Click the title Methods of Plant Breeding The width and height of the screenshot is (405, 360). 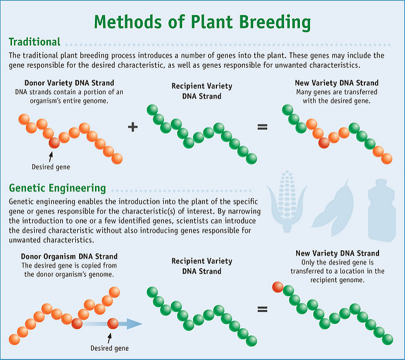pos(202,23)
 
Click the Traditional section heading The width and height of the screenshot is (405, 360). pos(35,42)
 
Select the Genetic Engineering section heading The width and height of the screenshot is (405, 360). pos(57,188)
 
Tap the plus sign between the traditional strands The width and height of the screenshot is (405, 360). pos(133,127)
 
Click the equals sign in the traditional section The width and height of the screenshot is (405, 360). pos(262,127)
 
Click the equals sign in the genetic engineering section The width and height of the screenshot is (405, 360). pos(262,310)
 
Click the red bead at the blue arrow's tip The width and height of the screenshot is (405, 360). pos(113,324)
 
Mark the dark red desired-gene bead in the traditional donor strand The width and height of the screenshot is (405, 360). pos(54,142)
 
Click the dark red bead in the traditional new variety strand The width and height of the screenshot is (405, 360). pos(325,142)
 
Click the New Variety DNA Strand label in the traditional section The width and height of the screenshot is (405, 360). pos(337,83)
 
